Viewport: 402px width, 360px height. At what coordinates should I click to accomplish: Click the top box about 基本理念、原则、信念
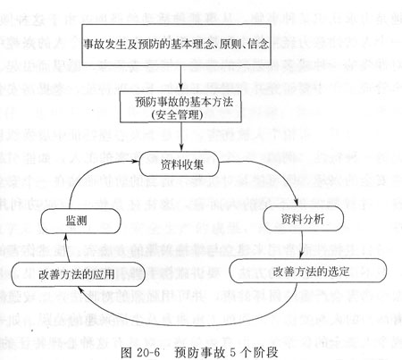tap(176, 45)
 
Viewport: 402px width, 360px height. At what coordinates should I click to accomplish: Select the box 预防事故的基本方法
tap(180, 106)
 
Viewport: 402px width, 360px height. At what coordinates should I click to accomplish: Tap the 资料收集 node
tap(180, 164)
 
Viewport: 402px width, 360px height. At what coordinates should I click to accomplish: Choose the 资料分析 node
tap(303, 218)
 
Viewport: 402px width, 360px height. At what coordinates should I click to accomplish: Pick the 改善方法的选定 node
tap(308, 271)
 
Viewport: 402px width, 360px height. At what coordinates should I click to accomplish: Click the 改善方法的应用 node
tap(78, 274)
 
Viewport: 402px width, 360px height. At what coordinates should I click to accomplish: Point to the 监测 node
tap(80, 221)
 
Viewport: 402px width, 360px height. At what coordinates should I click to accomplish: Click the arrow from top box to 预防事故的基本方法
tap(180, 78)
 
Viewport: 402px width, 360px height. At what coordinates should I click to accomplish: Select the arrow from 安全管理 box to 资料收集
tap(181, 137)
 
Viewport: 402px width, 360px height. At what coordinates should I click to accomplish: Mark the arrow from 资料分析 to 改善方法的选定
tap(301, 244)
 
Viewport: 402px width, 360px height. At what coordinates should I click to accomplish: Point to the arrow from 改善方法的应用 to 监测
tap(67, 247)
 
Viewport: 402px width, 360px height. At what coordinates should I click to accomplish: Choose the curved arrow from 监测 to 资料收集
tap(87, 172)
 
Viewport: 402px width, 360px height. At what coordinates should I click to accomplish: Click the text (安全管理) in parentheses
tap(177, 115)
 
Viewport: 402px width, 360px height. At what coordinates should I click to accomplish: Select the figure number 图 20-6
tap(140, 353)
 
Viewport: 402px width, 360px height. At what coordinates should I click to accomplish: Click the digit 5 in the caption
tap(233, 353)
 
